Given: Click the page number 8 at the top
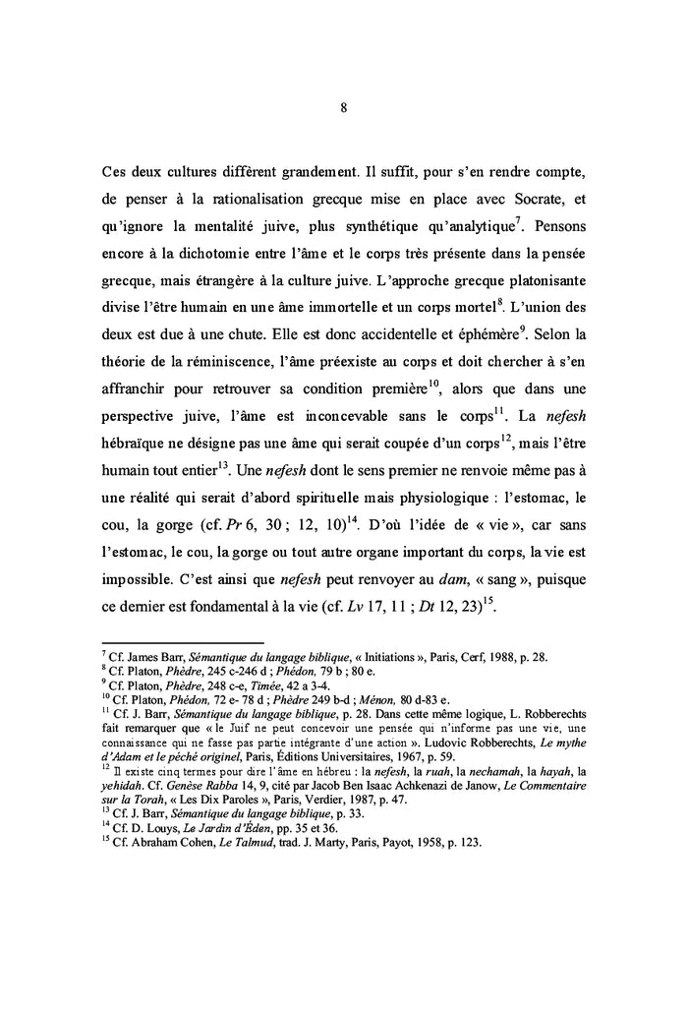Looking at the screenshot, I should coord(343,109).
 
